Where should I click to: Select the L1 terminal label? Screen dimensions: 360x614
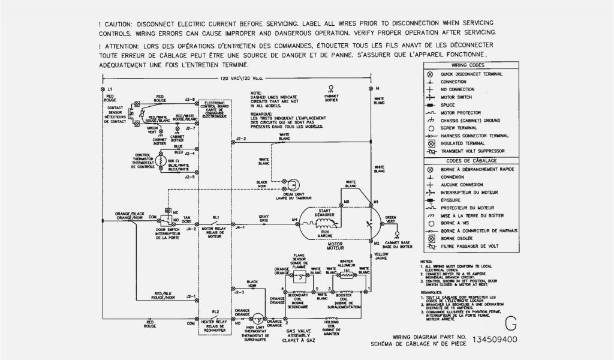click(x=110, y=89)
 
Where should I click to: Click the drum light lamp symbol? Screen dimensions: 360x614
click(x=293, y=184)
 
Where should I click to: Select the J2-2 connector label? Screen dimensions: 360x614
click(x=241, y=139)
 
